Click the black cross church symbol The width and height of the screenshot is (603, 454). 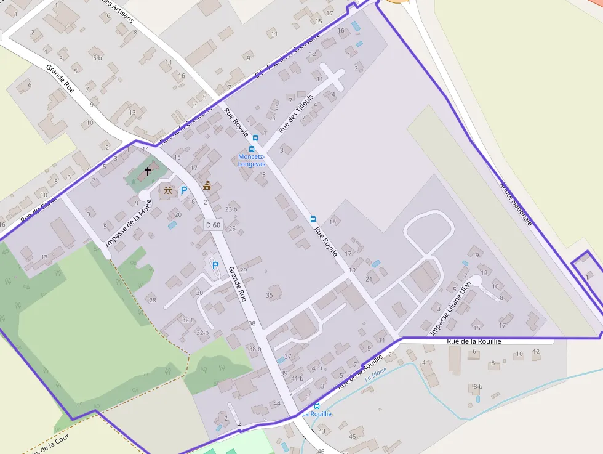[x=148, y=171]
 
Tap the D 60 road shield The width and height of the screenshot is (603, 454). [x=213, y=225]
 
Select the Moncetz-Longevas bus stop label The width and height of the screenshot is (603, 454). [x=251, y=160]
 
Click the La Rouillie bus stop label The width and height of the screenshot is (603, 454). [x=317, y=414]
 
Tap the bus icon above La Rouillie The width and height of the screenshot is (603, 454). [x=317, y=405]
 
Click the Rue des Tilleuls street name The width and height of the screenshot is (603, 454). [x=296, y=114]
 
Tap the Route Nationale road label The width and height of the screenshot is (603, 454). [x=516, y=203]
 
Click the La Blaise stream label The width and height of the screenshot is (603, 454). [x=375, y=374]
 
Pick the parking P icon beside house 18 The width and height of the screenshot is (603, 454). [x=183, y=191]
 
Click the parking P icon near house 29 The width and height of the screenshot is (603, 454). [x=215, y=266]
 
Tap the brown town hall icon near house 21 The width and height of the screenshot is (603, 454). [x=207, y=185]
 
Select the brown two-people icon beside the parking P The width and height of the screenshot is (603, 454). [x=168, y=191]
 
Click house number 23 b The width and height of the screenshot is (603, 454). [x=231, y=209]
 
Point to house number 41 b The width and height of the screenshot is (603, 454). [x=297, y=378]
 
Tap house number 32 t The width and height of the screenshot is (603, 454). [x=187, y=320]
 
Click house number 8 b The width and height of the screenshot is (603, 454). [x=476, y=386]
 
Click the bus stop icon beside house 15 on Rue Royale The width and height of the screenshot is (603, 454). [x=313, y=219]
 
